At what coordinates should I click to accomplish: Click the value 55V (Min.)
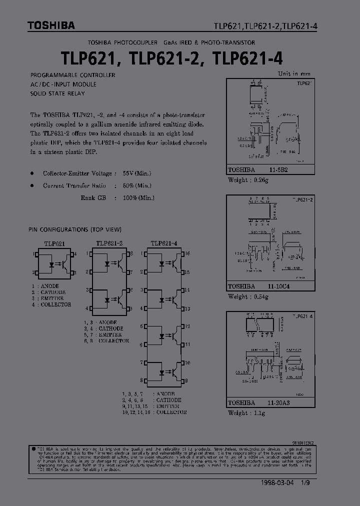click(x=136, y=173)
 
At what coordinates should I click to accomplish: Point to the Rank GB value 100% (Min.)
click(x=138, y=197)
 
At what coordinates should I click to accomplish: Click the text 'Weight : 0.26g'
click(x=248, y=180)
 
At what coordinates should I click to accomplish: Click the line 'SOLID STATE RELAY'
click(x=57, y=93)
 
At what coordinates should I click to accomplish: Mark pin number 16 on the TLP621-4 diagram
click(x=187, y=254)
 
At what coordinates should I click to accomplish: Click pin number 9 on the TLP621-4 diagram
click(x=186, y=381)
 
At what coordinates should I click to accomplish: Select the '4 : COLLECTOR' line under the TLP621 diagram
click(x=51, y=304)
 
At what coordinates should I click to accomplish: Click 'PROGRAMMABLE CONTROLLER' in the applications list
click(x=73, y=75)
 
